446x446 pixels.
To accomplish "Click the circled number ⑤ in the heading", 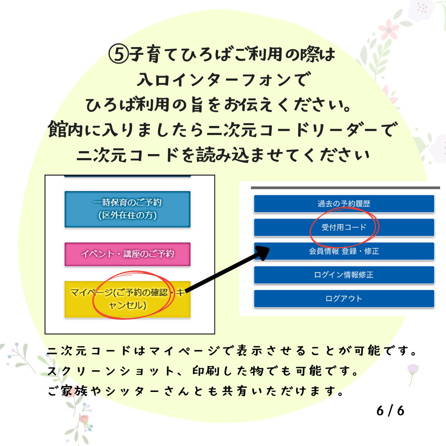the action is tap(119, 54).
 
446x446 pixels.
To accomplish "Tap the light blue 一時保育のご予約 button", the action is tap(128, 209).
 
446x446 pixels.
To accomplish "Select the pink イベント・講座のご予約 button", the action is tap(128, 254).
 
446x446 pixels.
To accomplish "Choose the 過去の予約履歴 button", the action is tap(344, 204).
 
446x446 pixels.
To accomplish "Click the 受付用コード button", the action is tap(344, 227).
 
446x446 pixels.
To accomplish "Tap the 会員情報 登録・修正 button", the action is tap(344, 251).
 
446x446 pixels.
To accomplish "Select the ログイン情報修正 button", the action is tap(344, 275).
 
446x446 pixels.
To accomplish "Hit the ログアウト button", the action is tap(344, 299).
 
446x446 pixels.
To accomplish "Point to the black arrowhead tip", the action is tap(269, 249).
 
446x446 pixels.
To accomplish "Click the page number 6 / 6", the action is tap(390, 411).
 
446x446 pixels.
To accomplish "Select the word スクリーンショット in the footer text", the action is tap(111, 371).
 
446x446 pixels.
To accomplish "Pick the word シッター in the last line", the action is tap(128, 391).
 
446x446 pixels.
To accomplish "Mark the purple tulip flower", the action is tap(413, 370).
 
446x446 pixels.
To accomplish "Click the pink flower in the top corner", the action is tap(389, 30).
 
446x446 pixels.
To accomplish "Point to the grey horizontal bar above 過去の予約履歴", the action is tap(345, 188).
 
